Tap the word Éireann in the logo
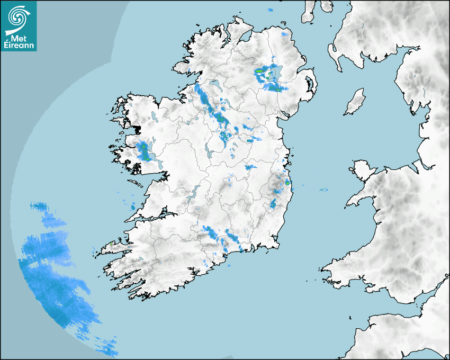19,46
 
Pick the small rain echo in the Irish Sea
322,190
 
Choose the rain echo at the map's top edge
270,10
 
